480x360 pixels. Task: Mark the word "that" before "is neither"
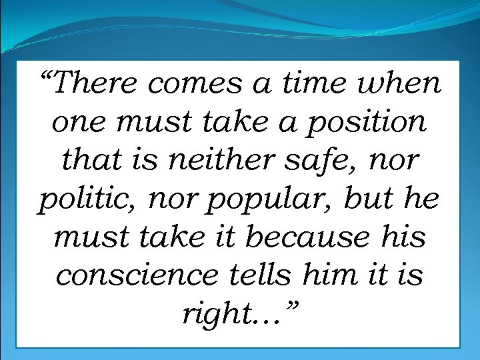(x=89, y=161)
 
